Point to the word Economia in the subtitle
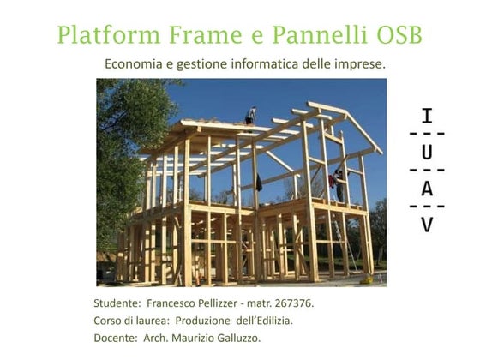click(133, 64)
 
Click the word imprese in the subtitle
click(360, 64)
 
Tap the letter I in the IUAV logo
click(427, 117)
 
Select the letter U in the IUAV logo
click(427, 153)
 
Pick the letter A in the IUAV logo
click(427, 189)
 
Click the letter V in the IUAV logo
click(427, 225)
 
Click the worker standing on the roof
click(250, 115)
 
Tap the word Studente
click(117, 303)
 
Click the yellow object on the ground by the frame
click(367, 279)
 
